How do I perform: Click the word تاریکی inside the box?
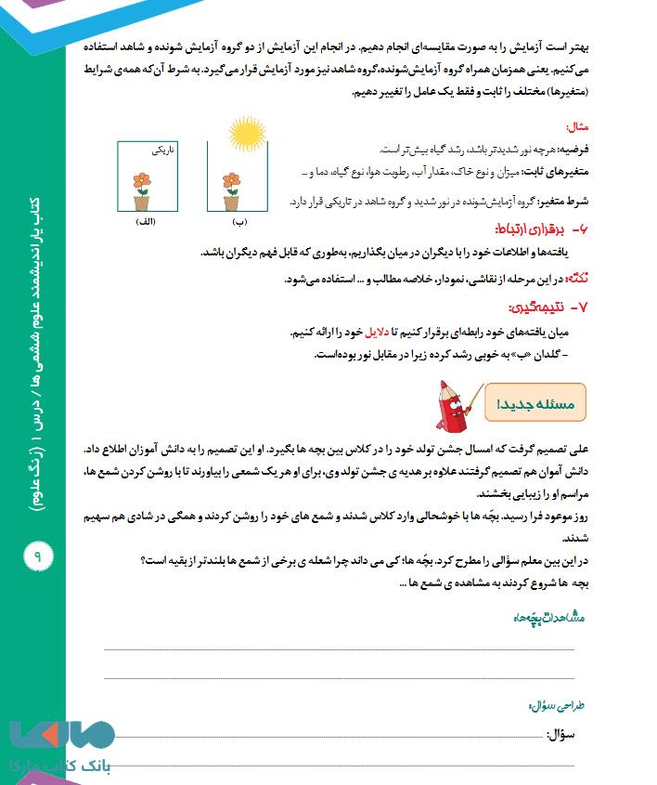click(x=162, y=149)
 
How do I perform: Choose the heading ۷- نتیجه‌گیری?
click(x=557, y=307)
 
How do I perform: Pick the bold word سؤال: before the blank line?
click(x=576, y=734)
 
